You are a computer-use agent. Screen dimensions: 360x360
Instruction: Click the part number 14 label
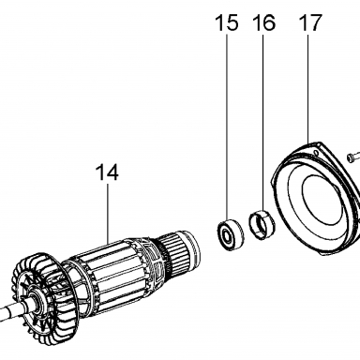click(107, 172)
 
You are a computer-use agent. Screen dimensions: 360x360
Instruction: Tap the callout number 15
click(227, 22)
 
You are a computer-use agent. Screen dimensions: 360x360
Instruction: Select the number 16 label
click(264, 22)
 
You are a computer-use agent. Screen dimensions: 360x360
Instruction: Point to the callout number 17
click(310, 22)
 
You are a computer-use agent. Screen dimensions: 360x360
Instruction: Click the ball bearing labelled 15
click(231, 232)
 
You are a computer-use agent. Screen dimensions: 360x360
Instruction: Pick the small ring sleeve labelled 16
click(262, 225)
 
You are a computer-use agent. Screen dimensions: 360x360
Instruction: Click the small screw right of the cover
click(353, 157)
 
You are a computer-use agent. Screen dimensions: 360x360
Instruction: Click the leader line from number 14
click(108, 214)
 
